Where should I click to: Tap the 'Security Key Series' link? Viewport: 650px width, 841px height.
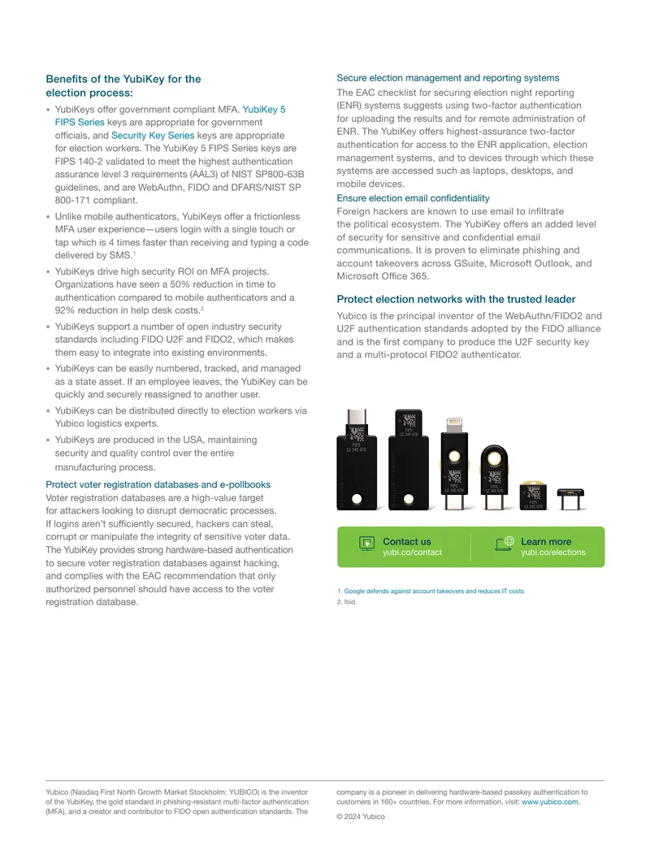click(153, 136)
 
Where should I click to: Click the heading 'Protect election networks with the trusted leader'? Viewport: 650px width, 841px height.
click(456, 299)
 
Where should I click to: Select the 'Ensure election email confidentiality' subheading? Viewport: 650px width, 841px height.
click(413, 198)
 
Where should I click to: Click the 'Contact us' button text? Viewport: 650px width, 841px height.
click(406, 542)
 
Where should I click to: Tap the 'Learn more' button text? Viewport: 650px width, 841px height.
click(546, 542)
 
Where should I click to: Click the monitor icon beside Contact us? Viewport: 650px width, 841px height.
click(366, 544)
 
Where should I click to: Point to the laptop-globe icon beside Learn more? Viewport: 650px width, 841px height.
click(504, 544)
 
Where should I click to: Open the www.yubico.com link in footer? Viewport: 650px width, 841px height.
click(551, 802)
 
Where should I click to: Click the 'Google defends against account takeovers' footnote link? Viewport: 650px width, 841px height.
click(434, 591)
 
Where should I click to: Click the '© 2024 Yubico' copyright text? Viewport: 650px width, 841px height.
click(361, 817)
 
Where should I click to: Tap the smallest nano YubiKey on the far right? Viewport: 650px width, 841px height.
click(570, 499)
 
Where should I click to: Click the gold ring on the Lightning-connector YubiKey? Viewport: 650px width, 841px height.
click(454, 456)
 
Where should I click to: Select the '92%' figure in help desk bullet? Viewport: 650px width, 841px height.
click(65, 310)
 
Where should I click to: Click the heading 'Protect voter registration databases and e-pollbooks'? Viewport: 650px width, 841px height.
click(158, 484)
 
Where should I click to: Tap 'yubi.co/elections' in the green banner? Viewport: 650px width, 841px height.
click(553, 553)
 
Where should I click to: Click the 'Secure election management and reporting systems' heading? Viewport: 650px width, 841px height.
click(448, 78)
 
